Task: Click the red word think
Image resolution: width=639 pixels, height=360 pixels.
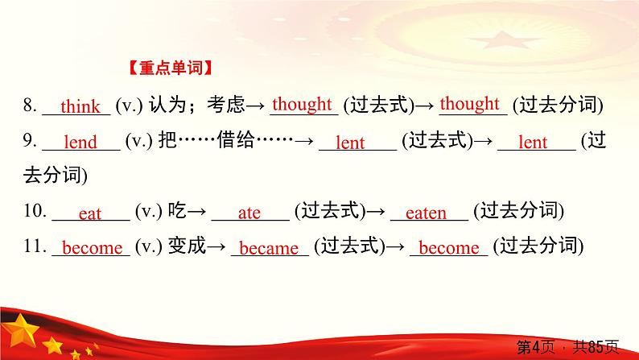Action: coord(80,106)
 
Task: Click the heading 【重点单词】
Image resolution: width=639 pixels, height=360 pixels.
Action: coord(170,68)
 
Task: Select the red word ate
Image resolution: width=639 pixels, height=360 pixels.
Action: coord(250,213)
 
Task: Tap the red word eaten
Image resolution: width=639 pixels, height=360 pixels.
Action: coord(427,213)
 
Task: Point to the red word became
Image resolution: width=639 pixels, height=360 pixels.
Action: coord(269,248)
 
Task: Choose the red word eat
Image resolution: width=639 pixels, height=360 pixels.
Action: coord(90,213)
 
